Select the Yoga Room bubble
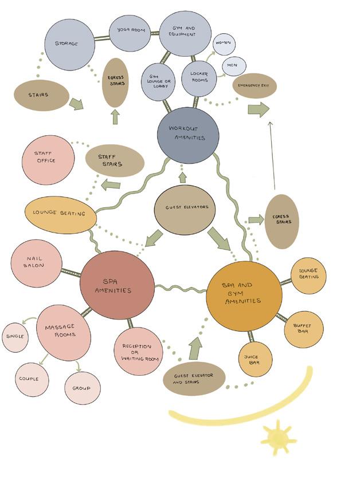[131, 30]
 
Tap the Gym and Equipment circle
[184, 32]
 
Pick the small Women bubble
[223, 44]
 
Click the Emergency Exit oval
[255, 87]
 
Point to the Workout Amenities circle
[188, 135]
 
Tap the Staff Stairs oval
[115, 160]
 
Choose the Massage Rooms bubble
[64, 332]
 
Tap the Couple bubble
[32, 379]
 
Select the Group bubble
[82, 388]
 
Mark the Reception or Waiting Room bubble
[138, 351]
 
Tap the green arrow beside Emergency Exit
[259, 109]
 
